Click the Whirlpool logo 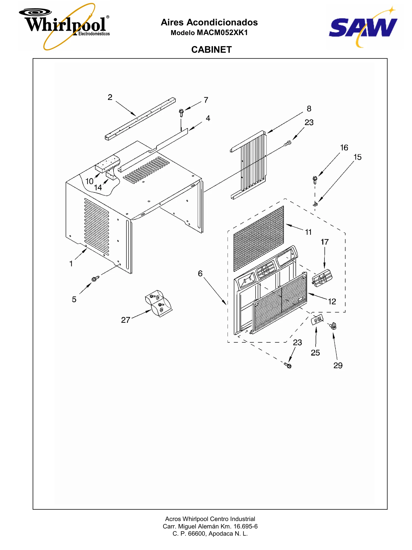[x=64, y=27]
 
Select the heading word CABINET [x=212, y=50]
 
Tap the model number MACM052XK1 [x=222, y=33]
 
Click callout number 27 [x=126, y=320]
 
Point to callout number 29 [x=338, y=366]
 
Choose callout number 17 [x=325, y=242]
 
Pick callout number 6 [x=200, y=274]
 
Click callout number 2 [x=110, y=97]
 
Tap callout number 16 [x=344, y=148]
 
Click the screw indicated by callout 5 [x=95, y=279]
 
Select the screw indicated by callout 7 [x=181, y=113]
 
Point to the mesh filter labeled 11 [x=259, y=239]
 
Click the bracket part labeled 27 [x=159, y=303]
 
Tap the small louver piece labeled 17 [x=322, y=278]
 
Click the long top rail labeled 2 [x=140, y=119]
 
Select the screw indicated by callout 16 [x=315, y=180]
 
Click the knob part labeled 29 [x=333, y=326]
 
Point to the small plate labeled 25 [x=317, y=319]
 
